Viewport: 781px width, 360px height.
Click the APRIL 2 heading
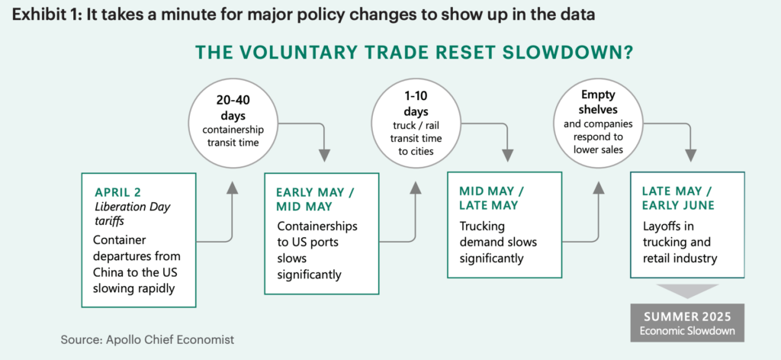click(x=118, y=193)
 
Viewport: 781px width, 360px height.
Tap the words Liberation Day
click(x=133, y=207)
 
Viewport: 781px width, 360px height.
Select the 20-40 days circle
click(x=233, y=122)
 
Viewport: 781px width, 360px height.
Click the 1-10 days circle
click(x=416, y=122)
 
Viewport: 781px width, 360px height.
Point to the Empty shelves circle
click(x=598, y=122)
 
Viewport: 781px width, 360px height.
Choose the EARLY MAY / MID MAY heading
click(x=315, y=200)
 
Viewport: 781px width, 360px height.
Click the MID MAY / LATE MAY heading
click(x=492, y=198)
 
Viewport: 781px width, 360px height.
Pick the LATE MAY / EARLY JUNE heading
click(x=678, y=198)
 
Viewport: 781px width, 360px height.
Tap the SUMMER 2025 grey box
click(x=687, y=323)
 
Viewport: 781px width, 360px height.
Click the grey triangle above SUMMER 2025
click(x=687, y=291)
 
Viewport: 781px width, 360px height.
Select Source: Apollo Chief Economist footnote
click(x=147, y=340)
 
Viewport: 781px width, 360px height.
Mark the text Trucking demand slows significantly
click(x=498, y=243)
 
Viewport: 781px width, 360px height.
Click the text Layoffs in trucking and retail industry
click(x=680, y=243)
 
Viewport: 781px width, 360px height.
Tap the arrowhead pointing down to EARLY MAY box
click(x=324, y=156)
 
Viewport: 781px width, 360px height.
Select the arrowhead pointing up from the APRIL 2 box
click(x=232, y=187)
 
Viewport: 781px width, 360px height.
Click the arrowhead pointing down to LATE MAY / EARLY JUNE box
click(x=690, y=156)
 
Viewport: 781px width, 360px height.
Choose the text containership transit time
click(x=233, y=136)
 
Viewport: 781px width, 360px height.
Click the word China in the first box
click(x=107, y=272)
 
